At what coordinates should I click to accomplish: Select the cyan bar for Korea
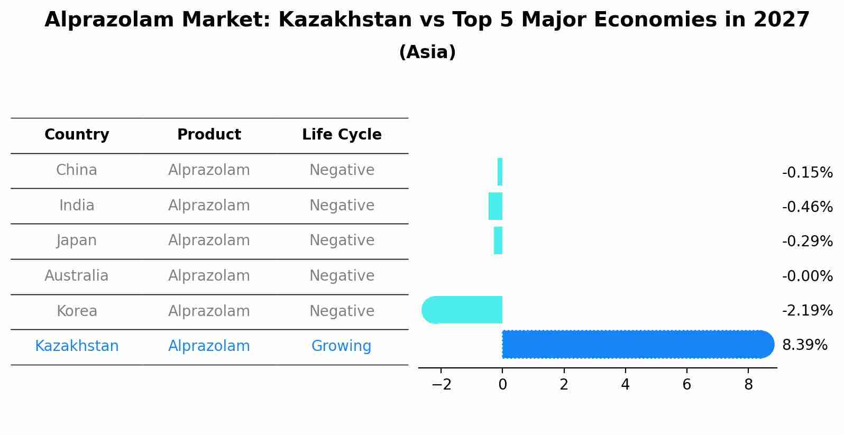point(463,310)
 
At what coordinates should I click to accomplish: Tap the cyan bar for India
point(496,206)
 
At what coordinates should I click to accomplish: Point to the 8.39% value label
point(804,345)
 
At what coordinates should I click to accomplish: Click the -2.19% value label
point(807,310)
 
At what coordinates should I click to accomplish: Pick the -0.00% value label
point(807,276)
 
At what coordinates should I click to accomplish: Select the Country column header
point(77,135)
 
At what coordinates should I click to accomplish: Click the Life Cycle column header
point(342,135)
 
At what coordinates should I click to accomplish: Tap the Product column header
point(209,135)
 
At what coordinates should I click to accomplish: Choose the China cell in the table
point(77,170)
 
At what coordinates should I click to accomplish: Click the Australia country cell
point(77,276)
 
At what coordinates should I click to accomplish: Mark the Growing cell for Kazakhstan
point(341,346)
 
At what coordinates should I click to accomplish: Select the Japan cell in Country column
point(77,240)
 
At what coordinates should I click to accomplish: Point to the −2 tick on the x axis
point(441,385)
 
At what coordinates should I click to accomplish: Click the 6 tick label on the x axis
point(686,385)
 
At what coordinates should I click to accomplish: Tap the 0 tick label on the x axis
point(502,385)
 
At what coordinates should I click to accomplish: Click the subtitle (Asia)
point(427,52)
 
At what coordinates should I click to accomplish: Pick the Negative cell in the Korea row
point(342,311)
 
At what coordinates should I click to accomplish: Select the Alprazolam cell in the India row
point(209,206)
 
